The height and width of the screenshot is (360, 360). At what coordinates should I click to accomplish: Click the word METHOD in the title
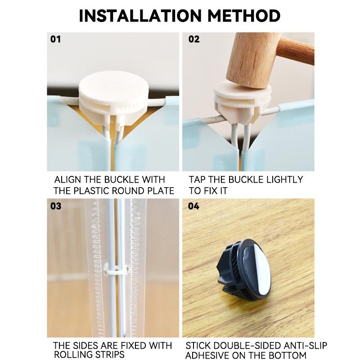[244, 16]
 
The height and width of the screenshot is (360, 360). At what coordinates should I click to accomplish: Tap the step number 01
[55, 39]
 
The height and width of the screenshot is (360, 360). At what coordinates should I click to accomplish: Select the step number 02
[194, 39]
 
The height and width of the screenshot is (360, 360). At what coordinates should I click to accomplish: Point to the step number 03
[56, 206]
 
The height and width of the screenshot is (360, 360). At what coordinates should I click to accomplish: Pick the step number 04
[193, 206]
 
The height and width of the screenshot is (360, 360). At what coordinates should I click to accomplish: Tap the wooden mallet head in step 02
[252, 60]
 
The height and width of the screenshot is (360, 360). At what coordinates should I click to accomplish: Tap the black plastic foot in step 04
[244, 269]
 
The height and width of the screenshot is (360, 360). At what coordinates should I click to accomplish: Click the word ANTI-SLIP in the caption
[305, 346]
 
